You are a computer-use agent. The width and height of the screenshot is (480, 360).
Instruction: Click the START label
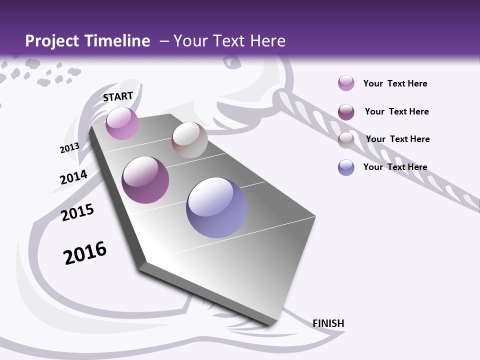pyautogui.click(x=118, y=96)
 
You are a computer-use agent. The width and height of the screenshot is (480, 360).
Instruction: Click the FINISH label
pyautogui.click(x=328, y=323)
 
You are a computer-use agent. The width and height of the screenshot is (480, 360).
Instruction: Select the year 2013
pyautogui.click(x=69, y=148)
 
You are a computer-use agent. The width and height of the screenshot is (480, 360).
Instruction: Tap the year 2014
pyautogui.click(x=73, y=177)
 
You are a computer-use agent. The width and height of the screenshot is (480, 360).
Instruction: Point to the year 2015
pyautogui.click(x=77, y=212)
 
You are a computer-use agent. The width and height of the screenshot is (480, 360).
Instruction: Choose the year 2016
pyautogui.click(x=85, y=253)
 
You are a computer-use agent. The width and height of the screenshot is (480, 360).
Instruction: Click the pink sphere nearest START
pyautogui.click(x=122, y=123)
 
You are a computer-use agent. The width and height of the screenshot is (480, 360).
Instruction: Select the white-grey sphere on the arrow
pyautogui.click(x=189, y=140)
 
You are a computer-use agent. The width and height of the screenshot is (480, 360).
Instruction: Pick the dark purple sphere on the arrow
pyautogui.click(x=145, y=180)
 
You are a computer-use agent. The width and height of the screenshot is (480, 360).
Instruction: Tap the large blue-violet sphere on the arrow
pyautogui.click(x=216, y=207)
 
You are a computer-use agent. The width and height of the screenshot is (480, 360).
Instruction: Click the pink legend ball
pyautogui.click(x=346, y=83)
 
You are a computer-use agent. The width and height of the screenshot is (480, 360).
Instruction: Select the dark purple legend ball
pyautogui.click(x=346, y=112)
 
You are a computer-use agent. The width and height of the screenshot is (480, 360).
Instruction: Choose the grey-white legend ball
pyautogui.click(x=346, y=140)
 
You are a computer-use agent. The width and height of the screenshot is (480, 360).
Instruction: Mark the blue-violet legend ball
pyautogui.click(x=346, y=167)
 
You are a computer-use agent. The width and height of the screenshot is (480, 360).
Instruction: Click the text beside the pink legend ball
pyautogui.click(x=395, y=83)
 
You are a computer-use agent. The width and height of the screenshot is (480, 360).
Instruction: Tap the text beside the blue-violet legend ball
pyautogui.click(x=395, y=167)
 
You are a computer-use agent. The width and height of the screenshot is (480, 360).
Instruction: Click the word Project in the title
pyautogui.click(x=51, y=41)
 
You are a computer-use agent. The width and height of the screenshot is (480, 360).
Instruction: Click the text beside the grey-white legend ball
pyautogui.click(x=397, y=139)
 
